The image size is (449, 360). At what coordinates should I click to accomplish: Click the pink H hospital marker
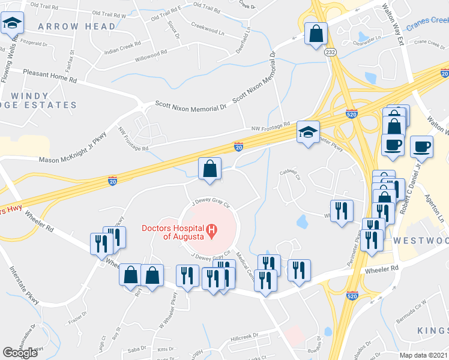(211, 230)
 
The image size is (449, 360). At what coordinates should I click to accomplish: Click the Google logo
(20, 353)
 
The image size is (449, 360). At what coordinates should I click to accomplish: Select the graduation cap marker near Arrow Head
(11, 24)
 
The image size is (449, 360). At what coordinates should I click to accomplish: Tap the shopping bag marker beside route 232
(315, 34)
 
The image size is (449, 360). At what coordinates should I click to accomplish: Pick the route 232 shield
(330, 53)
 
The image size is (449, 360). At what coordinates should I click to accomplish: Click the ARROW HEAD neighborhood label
(76, 26)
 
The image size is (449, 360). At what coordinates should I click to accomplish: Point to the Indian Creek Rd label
(122, 44)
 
